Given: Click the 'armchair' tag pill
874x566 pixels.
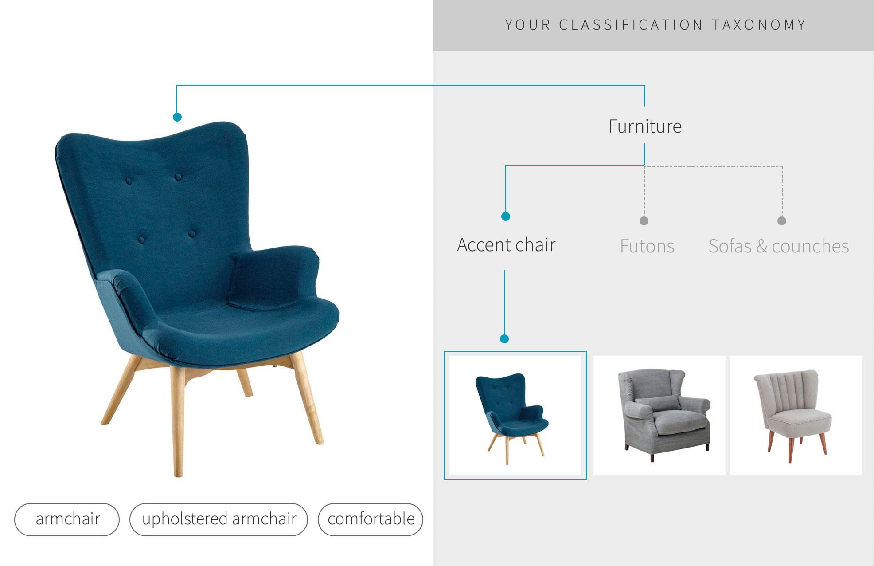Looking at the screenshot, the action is (67, 519).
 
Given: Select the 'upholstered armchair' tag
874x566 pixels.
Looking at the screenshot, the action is (218, 519).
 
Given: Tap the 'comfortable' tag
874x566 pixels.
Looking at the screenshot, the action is (371, 519).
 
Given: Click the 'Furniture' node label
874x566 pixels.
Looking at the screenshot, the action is (645, 126).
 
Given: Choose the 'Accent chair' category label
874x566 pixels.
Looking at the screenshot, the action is (506, 245).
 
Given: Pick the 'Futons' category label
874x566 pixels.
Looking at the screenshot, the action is (647, 246).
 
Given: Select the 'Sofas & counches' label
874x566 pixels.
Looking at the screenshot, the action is (779, 246).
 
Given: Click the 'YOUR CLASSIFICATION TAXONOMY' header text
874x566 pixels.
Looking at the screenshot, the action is (655, 25).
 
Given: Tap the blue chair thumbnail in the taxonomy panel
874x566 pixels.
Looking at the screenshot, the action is (515, 415).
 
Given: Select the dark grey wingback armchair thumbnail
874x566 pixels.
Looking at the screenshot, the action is (659, 415).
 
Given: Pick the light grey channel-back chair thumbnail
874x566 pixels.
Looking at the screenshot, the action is (796, 415).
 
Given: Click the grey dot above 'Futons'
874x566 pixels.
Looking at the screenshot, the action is (644, 221).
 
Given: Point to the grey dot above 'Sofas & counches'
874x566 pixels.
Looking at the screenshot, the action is (782, 221).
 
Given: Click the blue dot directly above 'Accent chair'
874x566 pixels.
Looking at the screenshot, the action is (506, 216).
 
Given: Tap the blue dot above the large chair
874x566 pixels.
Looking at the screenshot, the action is (177, 117).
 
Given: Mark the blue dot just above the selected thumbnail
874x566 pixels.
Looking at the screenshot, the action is (504, 339).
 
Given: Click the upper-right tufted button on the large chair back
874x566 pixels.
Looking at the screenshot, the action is (178, 177).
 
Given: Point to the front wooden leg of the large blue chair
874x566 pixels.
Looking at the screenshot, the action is (178, 421).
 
